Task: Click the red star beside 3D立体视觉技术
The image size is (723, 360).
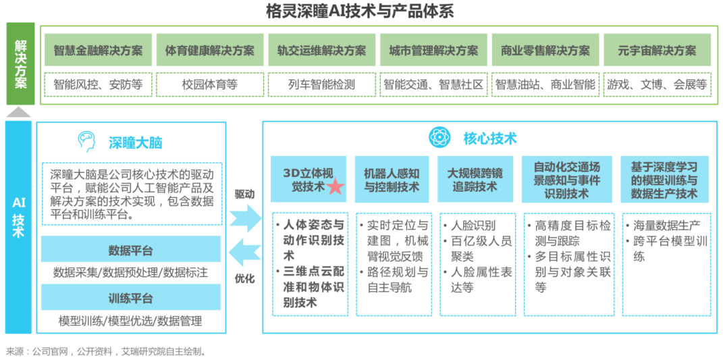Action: pyautogui.click(x=336, y=187)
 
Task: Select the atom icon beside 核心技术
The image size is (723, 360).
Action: pyautogui.click(x=440, y=137)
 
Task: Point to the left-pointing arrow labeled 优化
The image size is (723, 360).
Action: pyautogui.click(x=244, y=255)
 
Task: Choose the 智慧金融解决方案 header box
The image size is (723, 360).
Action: pyautogui.click(x=98, y=51)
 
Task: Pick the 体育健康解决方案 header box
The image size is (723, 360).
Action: pyautogui.click(x=210, y=51)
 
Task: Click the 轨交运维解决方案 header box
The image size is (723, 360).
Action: pyautogui.click(x=321, y=51)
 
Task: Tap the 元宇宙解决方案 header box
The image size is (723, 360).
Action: pyautogui.click(x=657, y=51)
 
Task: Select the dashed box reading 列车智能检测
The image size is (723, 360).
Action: pyautogui.click(x=321, y=84)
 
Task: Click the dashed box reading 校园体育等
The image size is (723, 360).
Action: pyautogui.click(x=210, y=84)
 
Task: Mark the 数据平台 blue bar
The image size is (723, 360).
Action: pyautogui.click(x=131, y=251)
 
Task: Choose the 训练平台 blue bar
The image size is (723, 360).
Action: pyautogui.click(x=131, y=298)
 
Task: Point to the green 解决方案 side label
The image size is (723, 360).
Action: pyautogui.click(x=20, y=64)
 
